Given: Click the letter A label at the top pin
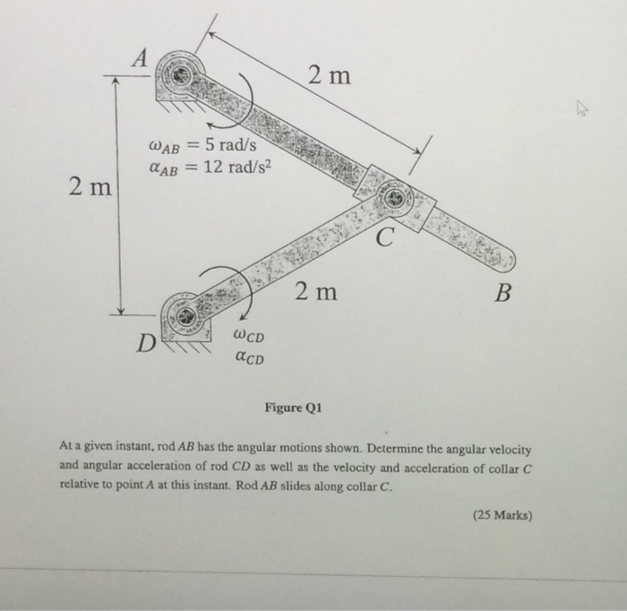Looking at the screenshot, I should [139, 59].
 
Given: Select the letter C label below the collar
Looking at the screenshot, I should [385, 238].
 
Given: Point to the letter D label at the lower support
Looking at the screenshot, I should [142, 343].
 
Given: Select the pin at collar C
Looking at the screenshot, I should [395, 200].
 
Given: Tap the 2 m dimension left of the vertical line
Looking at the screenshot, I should [90, 189].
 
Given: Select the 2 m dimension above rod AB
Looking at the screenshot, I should [329, 77].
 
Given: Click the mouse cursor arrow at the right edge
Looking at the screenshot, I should [582, 110].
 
